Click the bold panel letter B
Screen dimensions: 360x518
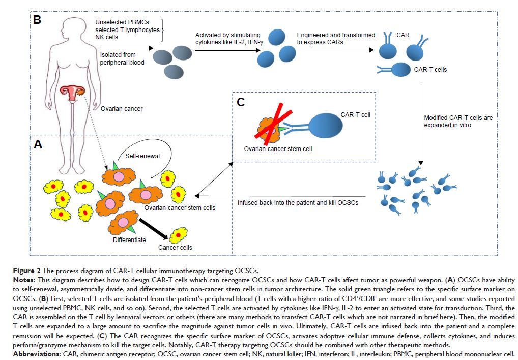[x=37, y=20]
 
